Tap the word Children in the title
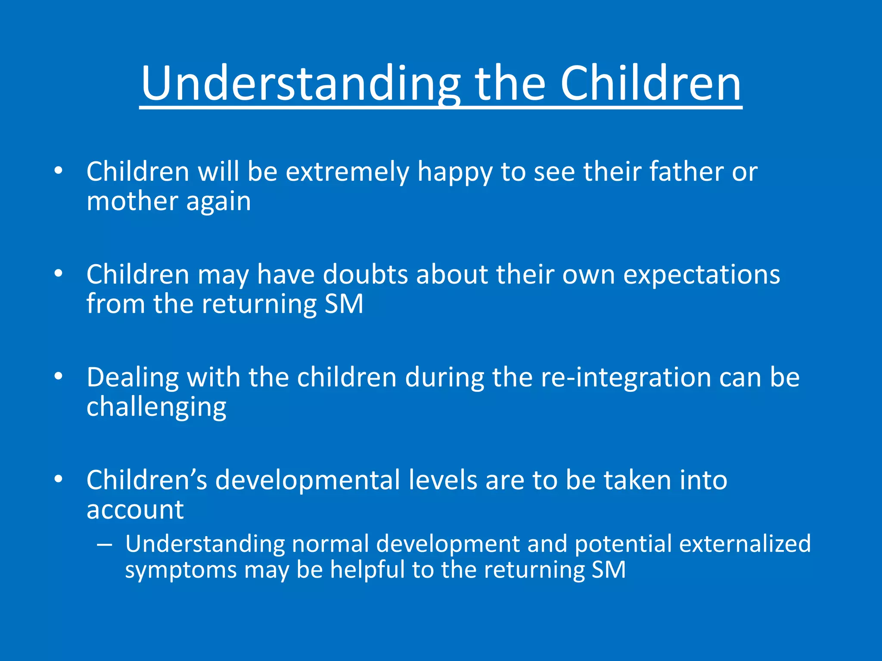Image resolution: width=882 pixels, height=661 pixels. (650, 84)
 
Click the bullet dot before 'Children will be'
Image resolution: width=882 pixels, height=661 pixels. (59, 171)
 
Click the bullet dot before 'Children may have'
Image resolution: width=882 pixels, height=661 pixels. (59, 274)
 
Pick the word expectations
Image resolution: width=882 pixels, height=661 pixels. (702, 275)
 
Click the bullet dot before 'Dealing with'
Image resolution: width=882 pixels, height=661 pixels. (59, 377)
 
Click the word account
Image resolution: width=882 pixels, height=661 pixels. (135, 510)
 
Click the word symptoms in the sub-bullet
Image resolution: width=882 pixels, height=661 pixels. (181, 571)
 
